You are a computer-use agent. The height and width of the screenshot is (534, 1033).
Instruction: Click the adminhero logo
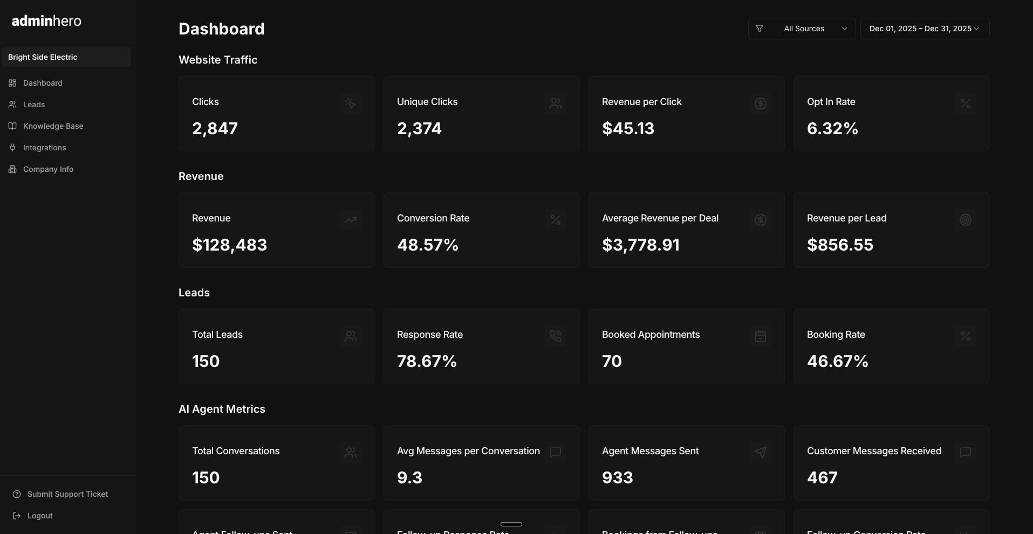coord(46,21)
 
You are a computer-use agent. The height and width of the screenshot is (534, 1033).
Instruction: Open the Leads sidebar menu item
coord(33,105)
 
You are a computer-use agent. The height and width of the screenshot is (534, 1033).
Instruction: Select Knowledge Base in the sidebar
coord(53,126)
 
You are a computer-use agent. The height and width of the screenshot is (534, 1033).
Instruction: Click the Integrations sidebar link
coord(44,148)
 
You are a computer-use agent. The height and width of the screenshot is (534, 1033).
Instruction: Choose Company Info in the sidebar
coord(48,169)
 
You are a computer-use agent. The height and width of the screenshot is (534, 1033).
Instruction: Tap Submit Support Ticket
coord(67,494)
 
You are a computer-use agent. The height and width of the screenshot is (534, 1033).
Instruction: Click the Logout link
coord(40,516)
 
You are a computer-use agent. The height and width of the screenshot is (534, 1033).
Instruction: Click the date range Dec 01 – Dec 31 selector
coord(924,29)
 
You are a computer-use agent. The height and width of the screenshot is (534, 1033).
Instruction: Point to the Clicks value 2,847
coord(215,129)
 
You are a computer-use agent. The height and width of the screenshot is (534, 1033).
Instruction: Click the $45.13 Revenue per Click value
coord(628,129)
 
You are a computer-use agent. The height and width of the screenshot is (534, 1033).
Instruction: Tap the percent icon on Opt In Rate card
coord(965,103)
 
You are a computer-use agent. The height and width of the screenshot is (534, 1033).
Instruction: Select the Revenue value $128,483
coord(229,245)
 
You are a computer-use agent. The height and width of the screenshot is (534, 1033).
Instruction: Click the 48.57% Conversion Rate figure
coord(427,245)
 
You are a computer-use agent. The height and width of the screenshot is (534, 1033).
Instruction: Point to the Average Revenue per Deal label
coord(660,218)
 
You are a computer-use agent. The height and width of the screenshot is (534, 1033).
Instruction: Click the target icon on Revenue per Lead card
coord(965,220)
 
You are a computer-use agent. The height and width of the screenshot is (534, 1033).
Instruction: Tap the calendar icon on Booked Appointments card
coord(760,336)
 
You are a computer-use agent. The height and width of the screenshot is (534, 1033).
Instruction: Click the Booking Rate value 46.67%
coord(837,362)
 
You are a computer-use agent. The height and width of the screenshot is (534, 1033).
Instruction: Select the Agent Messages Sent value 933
coord(617,478)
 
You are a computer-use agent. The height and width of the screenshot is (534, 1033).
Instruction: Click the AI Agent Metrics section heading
coord(222,409)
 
